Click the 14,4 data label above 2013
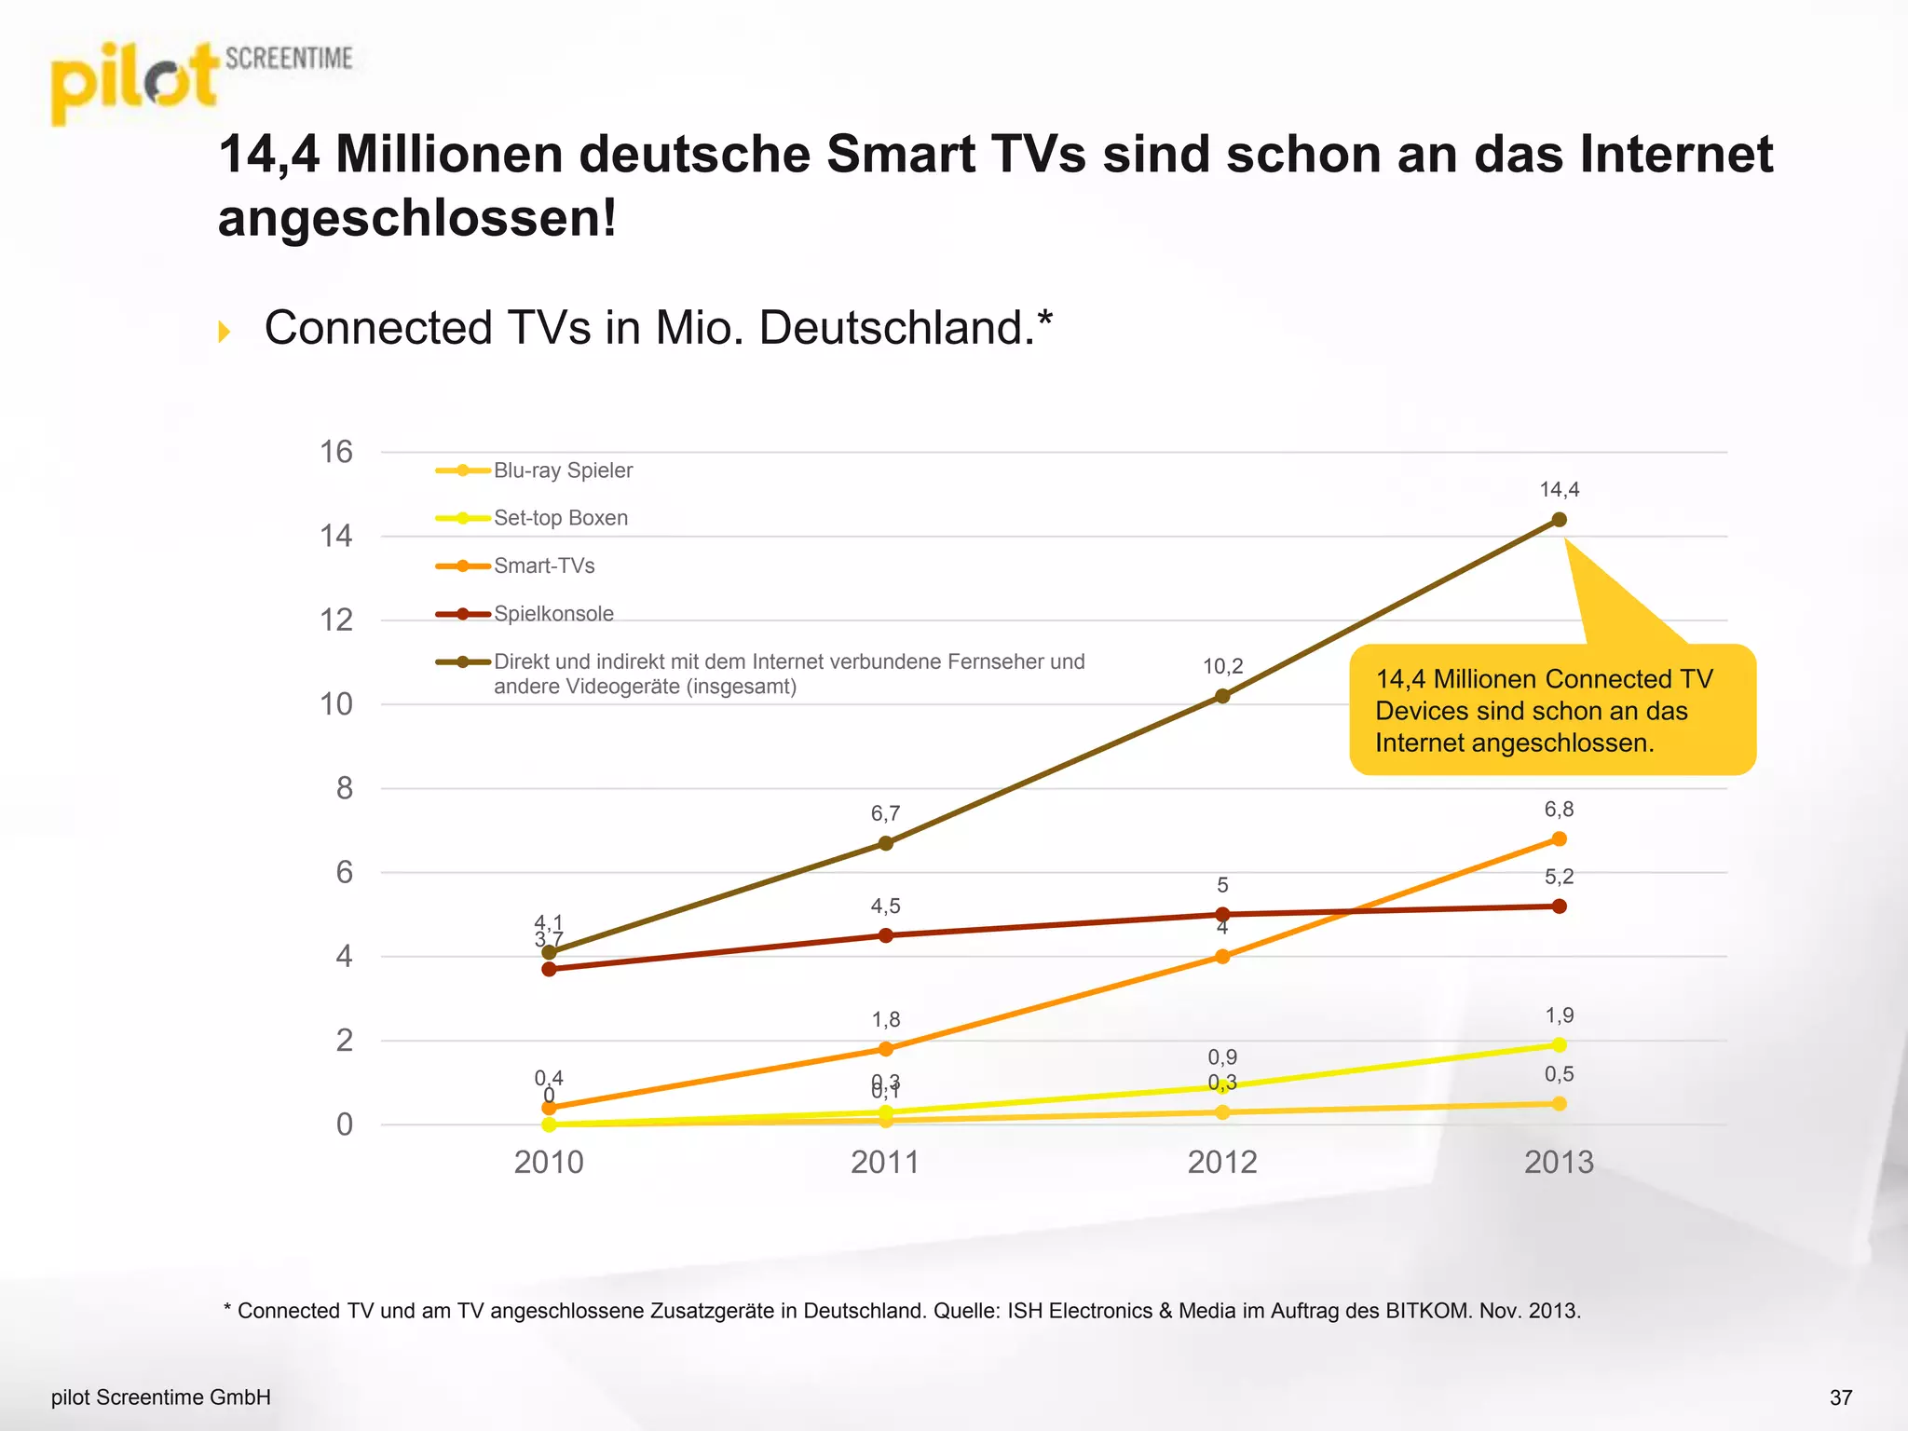[x=1559, y=490]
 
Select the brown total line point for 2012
[x=1222, y=696]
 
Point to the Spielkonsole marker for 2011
[x=886, y=935]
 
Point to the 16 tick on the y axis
[x=336, y=452]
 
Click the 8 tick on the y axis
[x=344, y=788]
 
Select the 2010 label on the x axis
[x=549, y=1162]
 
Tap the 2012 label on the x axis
[x=1222, y=1162]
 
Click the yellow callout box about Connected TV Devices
[x=1551, y=711]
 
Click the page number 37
[x=1841, y=1397]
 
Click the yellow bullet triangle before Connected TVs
[x=224, y=331]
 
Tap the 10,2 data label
[x=1222, y=666]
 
